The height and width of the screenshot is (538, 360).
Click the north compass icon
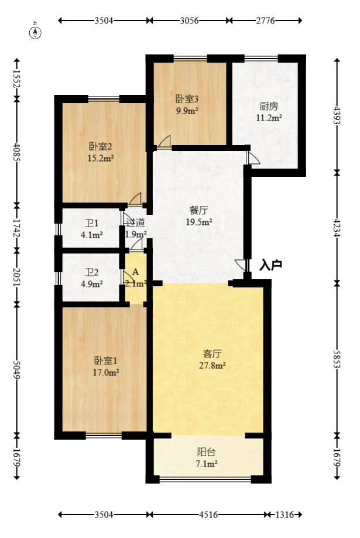point(35,32)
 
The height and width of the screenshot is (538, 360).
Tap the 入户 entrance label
point(271,265)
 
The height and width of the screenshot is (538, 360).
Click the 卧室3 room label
point(187,99)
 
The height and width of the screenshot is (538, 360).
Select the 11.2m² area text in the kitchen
point(269,118)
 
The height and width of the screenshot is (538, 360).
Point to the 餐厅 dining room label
point(198,210)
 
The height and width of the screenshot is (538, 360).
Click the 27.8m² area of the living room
point(212,366)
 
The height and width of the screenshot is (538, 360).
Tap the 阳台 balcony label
point(206,452)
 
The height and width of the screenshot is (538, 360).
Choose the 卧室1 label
point(106,361)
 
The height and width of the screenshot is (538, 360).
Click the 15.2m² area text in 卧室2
point(101,159)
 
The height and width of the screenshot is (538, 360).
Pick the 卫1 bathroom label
point(92,224)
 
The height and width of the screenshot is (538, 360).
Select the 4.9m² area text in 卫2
point(92,285)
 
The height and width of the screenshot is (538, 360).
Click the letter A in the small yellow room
point(136,272)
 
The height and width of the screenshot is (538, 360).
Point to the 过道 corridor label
point(135,223)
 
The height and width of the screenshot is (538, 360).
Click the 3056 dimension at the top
point(189,20)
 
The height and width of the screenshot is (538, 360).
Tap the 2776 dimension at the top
point(265,20)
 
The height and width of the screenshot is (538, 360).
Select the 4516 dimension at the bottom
point(208,515)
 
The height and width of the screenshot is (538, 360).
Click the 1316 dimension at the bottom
point(284,515)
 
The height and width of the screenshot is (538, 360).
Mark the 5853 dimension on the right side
point(337,359)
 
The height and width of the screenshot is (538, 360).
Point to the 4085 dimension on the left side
point(16,152)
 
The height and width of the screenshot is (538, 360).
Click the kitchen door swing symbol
point(253,158)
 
